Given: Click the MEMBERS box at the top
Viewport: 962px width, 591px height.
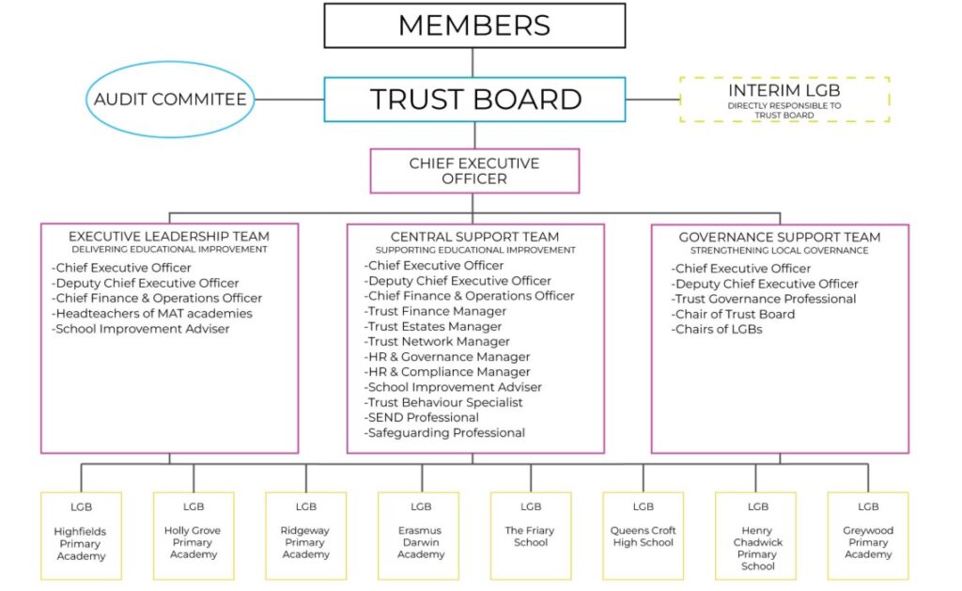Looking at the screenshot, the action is click(x=474, y=25).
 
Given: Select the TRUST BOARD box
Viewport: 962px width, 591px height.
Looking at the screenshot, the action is click(x=474, y=100).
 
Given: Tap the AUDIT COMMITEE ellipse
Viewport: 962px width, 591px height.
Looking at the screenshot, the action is click(x=170, y=100).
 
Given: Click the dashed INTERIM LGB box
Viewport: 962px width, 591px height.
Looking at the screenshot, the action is click(x=784, y=100).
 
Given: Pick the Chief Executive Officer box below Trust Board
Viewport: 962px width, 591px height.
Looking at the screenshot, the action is click(x=474, y=171).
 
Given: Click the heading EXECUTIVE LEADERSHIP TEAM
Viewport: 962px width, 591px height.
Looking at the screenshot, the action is click(x=169, y=236).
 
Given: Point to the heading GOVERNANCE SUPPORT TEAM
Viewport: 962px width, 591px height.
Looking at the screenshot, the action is click(x=779, y=237).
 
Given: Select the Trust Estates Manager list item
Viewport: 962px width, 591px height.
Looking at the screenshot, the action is click(x=432, y=326).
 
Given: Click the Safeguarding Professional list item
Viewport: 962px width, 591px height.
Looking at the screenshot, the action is click(x=444, y=432).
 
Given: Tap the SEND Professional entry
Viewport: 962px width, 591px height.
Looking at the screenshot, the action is click(x=421, y=417).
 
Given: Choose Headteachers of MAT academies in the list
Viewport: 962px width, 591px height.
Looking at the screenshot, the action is click(x=151, y=314).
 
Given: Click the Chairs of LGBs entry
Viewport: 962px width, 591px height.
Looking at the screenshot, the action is click(x=717, y=330).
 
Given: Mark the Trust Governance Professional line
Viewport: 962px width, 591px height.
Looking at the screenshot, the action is click(x=763, y=299).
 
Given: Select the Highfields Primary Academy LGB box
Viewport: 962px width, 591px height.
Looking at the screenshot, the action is click(x=81, y=536).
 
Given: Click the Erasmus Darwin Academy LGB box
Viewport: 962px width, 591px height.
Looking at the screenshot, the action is click(x=418, y=536).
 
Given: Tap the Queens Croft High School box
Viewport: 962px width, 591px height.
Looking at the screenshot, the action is click(x=643, y=536).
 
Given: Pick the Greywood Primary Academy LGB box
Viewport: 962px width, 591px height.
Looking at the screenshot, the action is click(x=868, y=536).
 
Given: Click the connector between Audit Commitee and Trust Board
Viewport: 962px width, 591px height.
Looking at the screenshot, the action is click(x=289, y=100).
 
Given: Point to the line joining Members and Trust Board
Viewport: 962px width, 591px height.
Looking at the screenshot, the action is click(x=473, y=63).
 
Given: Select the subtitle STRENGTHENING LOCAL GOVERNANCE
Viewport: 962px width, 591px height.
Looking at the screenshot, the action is click(x=779, y=250).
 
